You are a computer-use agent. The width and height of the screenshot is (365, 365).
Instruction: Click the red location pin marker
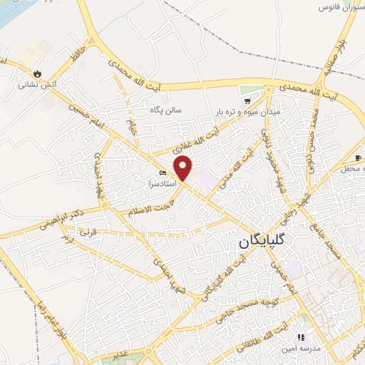pos(184,168)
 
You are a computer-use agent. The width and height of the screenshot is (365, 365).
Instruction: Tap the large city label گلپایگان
pos(262,243)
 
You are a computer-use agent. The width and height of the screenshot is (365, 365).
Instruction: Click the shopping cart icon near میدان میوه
pos(247,101)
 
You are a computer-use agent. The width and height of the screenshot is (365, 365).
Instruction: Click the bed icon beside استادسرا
pos(163,173)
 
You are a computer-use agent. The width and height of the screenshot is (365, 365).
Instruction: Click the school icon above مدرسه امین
pos(301,336)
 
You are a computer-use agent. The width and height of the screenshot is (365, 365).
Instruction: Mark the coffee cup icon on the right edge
pos(359,158)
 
